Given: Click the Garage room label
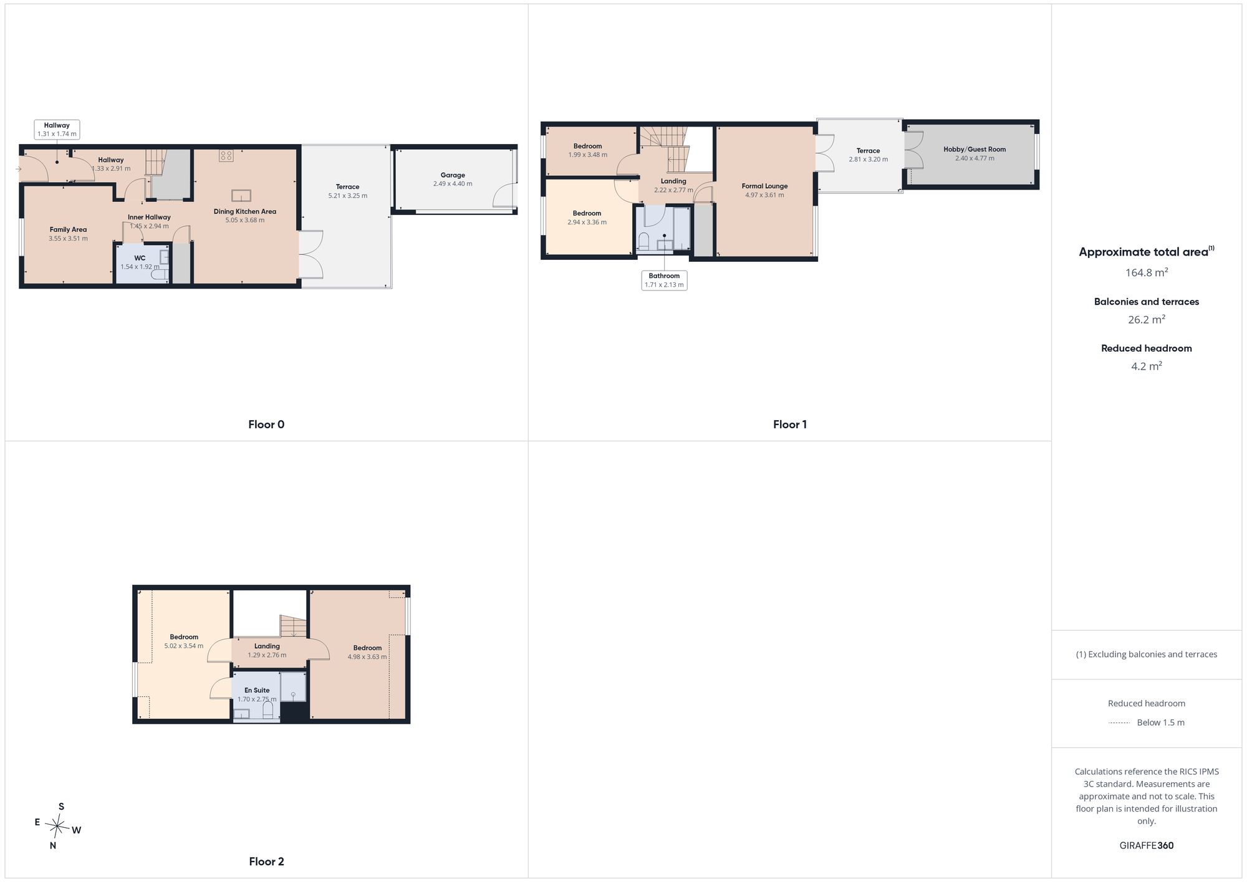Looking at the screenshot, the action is click(x=453, y=175).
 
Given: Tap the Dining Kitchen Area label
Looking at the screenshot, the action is click(x=245, y=211).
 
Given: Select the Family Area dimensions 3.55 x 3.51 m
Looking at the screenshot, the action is click(x=68, y=239).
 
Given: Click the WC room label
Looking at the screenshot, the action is click(x=140, y=258).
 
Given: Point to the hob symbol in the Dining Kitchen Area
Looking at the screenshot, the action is click(x=226, y=156).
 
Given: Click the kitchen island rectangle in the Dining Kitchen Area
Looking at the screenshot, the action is click(x=241, y=196).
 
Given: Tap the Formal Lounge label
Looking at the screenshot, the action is click(x=764, y=186).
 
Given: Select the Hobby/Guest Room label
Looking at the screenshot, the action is click(x=975, y=150).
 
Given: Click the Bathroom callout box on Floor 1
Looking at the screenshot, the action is click(x=664, y=280).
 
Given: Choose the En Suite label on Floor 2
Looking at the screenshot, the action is click(x=257, y=690).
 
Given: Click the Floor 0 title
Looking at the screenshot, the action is click(x=266, y=424).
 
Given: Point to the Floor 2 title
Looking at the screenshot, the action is click(x=266, y=861).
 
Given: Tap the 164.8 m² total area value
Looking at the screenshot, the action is click(x=1146, y=272).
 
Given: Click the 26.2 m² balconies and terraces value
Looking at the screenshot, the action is click(x=1146, y=319).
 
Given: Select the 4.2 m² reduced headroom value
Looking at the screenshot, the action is click(x=1146, y=366).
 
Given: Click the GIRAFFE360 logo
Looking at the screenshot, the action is click(x=1146, y=845).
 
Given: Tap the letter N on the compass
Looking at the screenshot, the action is click(x=53, y=845).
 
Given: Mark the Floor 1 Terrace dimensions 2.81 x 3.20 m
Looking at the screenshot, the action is click(x=868, y=160).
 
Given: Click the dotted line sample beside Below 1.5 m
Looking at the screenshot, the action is click(x=1119, y=723).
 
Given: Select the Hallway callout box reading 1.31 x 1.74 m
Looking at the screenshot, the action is click(x=57, y=130).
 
